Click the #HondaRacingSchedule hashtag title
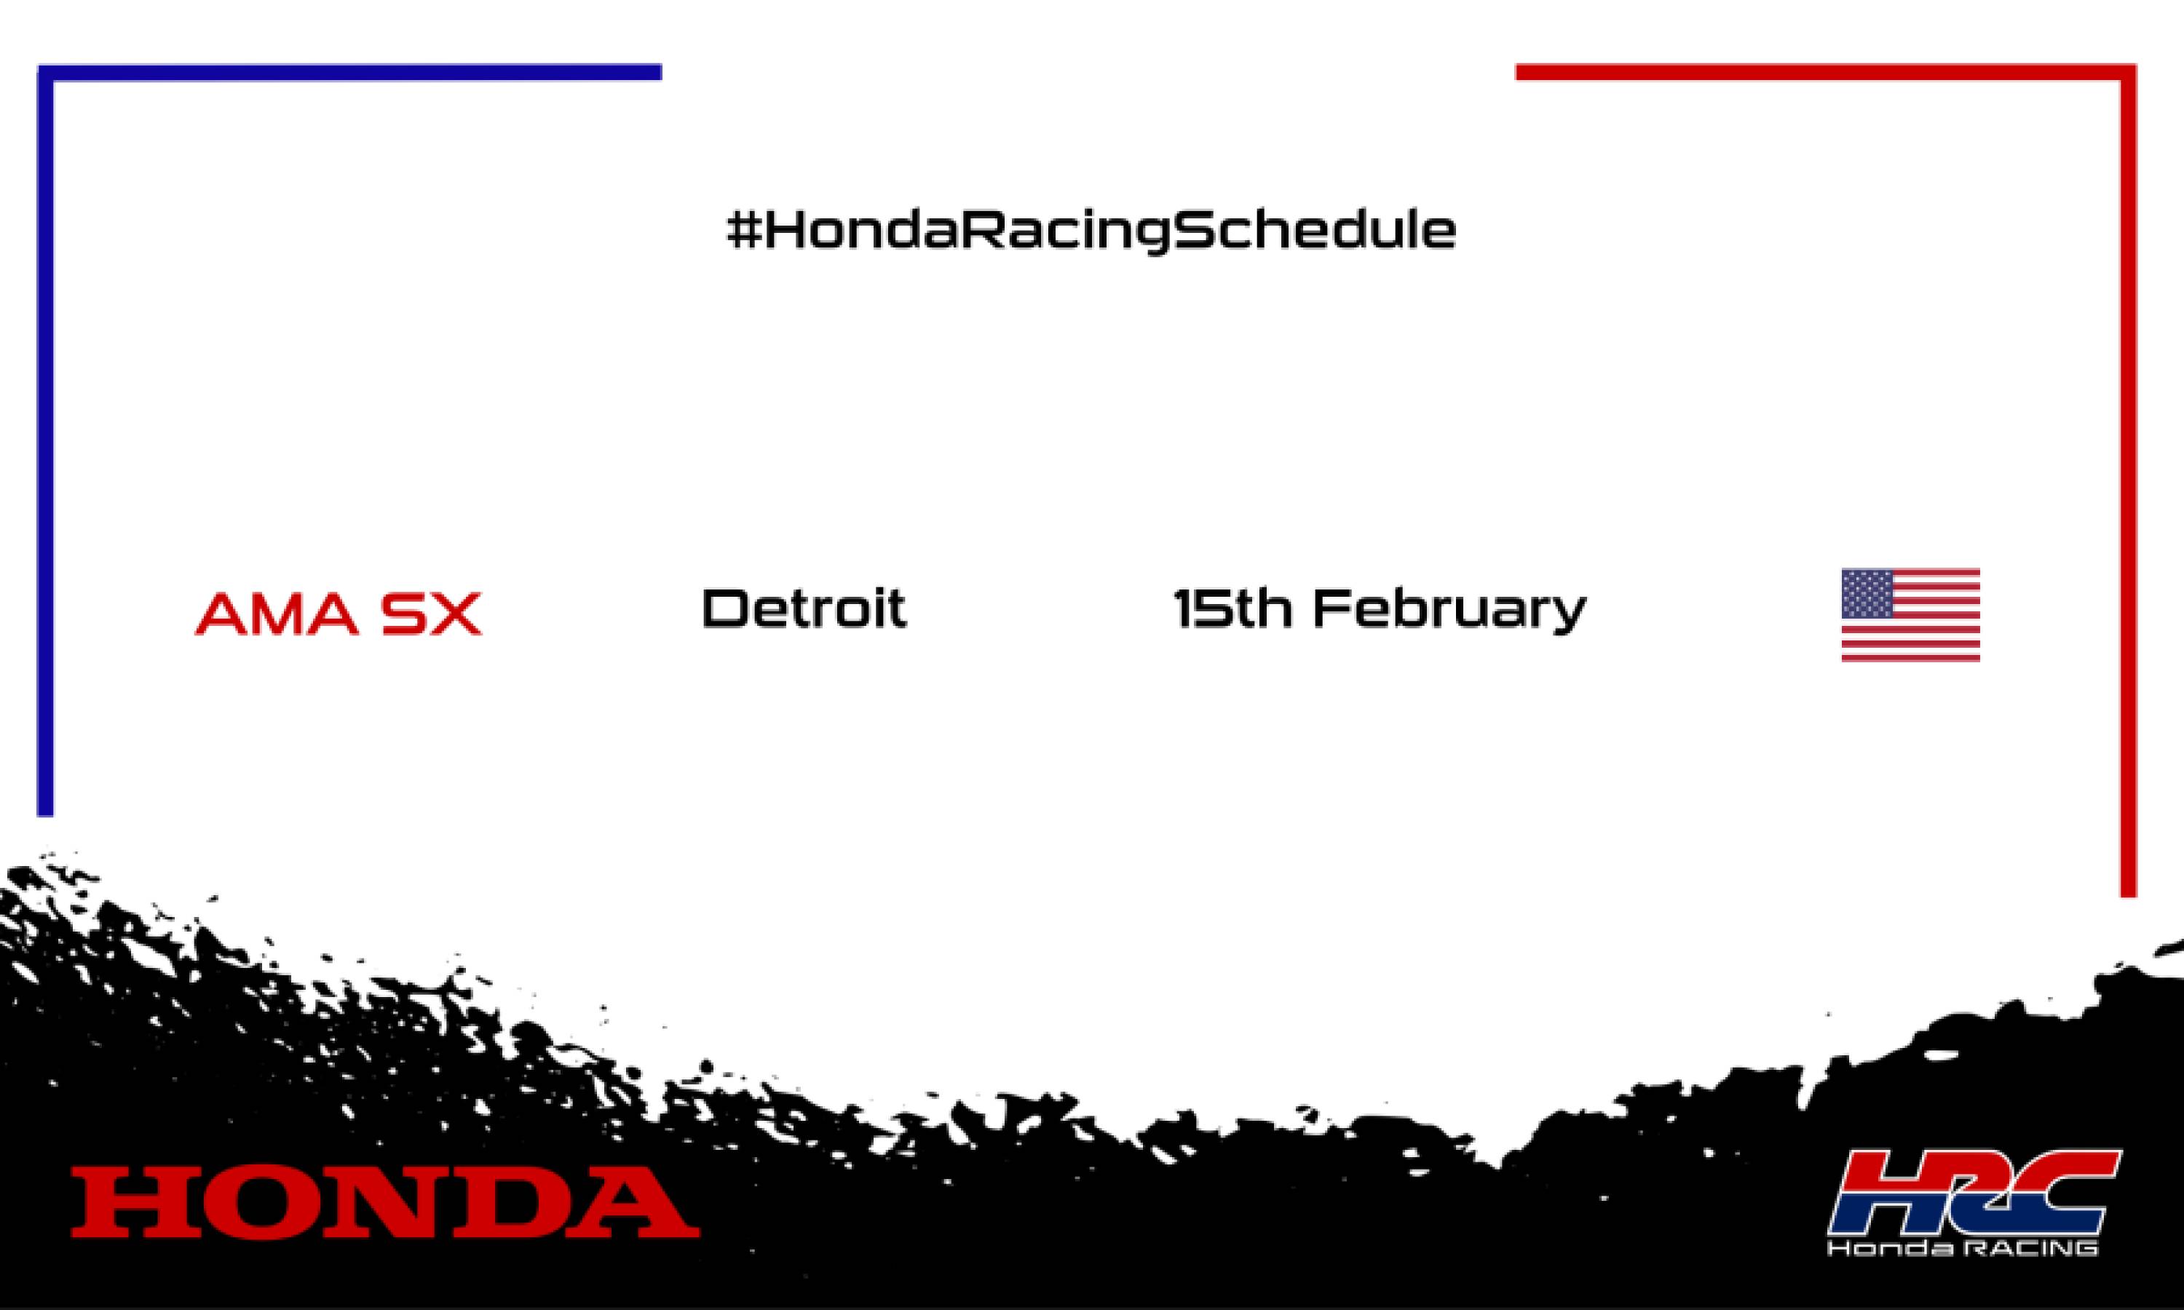point(1091,231)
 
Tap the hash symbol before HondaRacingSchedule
point(744,231)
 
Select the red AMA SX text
point(338,613)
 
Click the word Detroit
point(803,608)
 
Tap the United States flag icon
point(1910,614)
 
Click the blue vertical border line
point(45,441)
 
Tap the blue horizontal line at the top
point(353,72)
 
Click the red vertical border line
point(2129,485)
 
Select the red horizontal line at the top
point(1819,72)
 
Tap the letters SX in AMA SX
point(432,614)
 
